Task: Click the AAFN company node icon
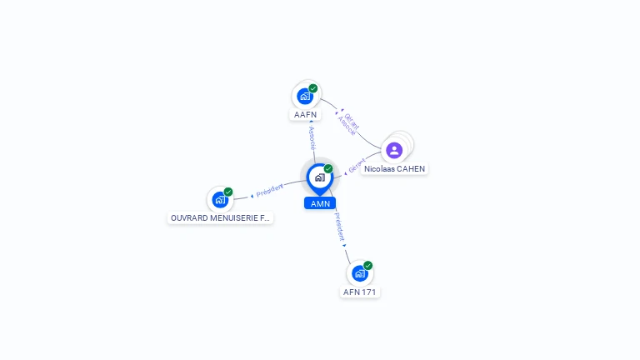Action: [x=305, y=96]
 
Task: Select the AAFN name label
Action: [x=305, y=114]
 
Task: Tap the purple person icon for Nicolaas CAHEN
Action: [x=395, y=151]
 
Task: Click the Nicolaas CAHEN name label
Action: [x=394, y=168]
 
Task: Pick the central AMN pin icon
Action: [x=319, y=177]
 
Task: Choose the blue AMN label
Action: [x=320, y=203]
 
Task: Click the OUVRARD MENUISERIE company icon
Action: [x=220, y=199]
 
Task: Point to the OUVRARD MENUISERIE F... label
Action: [x=220, y=217]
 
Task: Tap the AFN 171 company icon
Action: [x=359, y=273]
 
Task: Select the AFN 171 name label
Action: [x=360, y=292]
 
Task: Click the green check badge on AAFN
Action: [x=313, y=88]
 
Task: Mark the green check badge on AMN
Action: [x=328, y=168]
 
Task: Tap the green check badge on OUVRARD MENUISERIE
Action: [x=228, y=192]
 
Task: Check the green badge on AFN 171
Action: [x=367, y=266]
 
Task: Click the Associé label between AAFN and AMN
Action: [x=312, y=137]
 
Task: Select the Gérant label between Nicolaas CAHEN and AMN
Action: [x=357, y=167]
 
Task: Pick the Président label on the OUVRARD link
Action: [x=270, y=190]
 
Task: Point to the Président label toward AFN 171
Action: [x=339, y=226]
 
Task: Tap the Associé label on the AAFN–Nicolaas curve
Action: [x=347, y=125]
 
